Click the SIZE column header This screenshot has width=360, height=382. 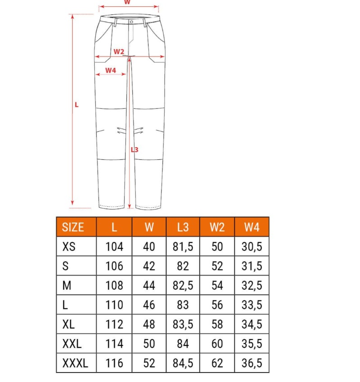[x=73, y=227]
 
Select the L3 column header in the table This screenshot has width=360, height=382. [x=183, y=227]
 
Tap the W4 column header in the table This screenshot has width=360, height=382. [x=252, y=227]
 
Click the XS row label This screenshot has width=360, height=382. [x=69, y=247]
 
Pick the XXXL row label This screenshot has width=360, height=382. [x=75, y=363]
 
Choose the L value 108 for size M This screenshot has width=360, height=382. [x=114, y=285]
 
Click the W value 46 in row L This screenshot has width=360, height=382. [x=149, y=305]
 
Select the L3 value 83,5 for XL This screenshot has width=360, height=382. [x=183, y=324]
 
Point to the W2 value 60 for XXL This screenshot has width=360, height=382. [x=217, y=344]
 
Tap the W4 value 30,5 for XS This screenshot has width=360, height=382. [x=252, y=247]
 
